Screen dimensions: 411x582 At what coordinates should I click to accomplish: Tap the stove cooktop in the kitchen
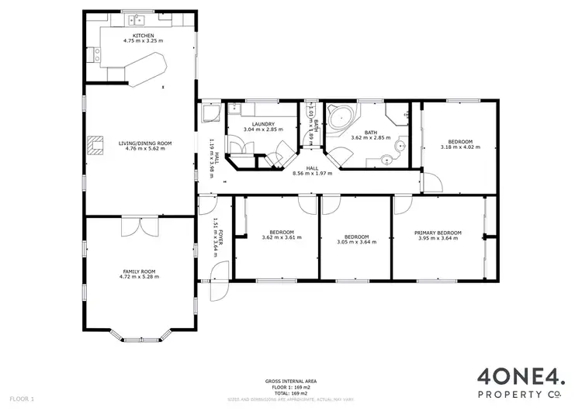pos(96,54)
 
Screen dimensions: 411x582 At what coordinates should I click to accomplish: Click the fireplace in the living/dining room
pos(95,145)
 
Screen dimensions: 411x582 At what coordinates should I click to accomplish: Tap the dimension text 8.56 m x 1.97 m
pos(312,174)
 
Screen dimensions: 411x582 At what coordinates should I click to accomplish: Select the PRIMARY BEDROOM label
pos(438,233)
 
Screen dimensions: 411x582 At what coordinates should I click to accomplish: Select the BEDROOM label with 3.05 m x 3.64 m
pos(356,237)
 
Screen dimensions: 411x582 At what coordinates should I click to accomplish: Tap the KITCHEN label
pos(144,35)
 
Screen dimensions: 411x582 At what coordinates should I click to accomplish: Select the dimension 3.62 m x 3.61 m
pos(281,237)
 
